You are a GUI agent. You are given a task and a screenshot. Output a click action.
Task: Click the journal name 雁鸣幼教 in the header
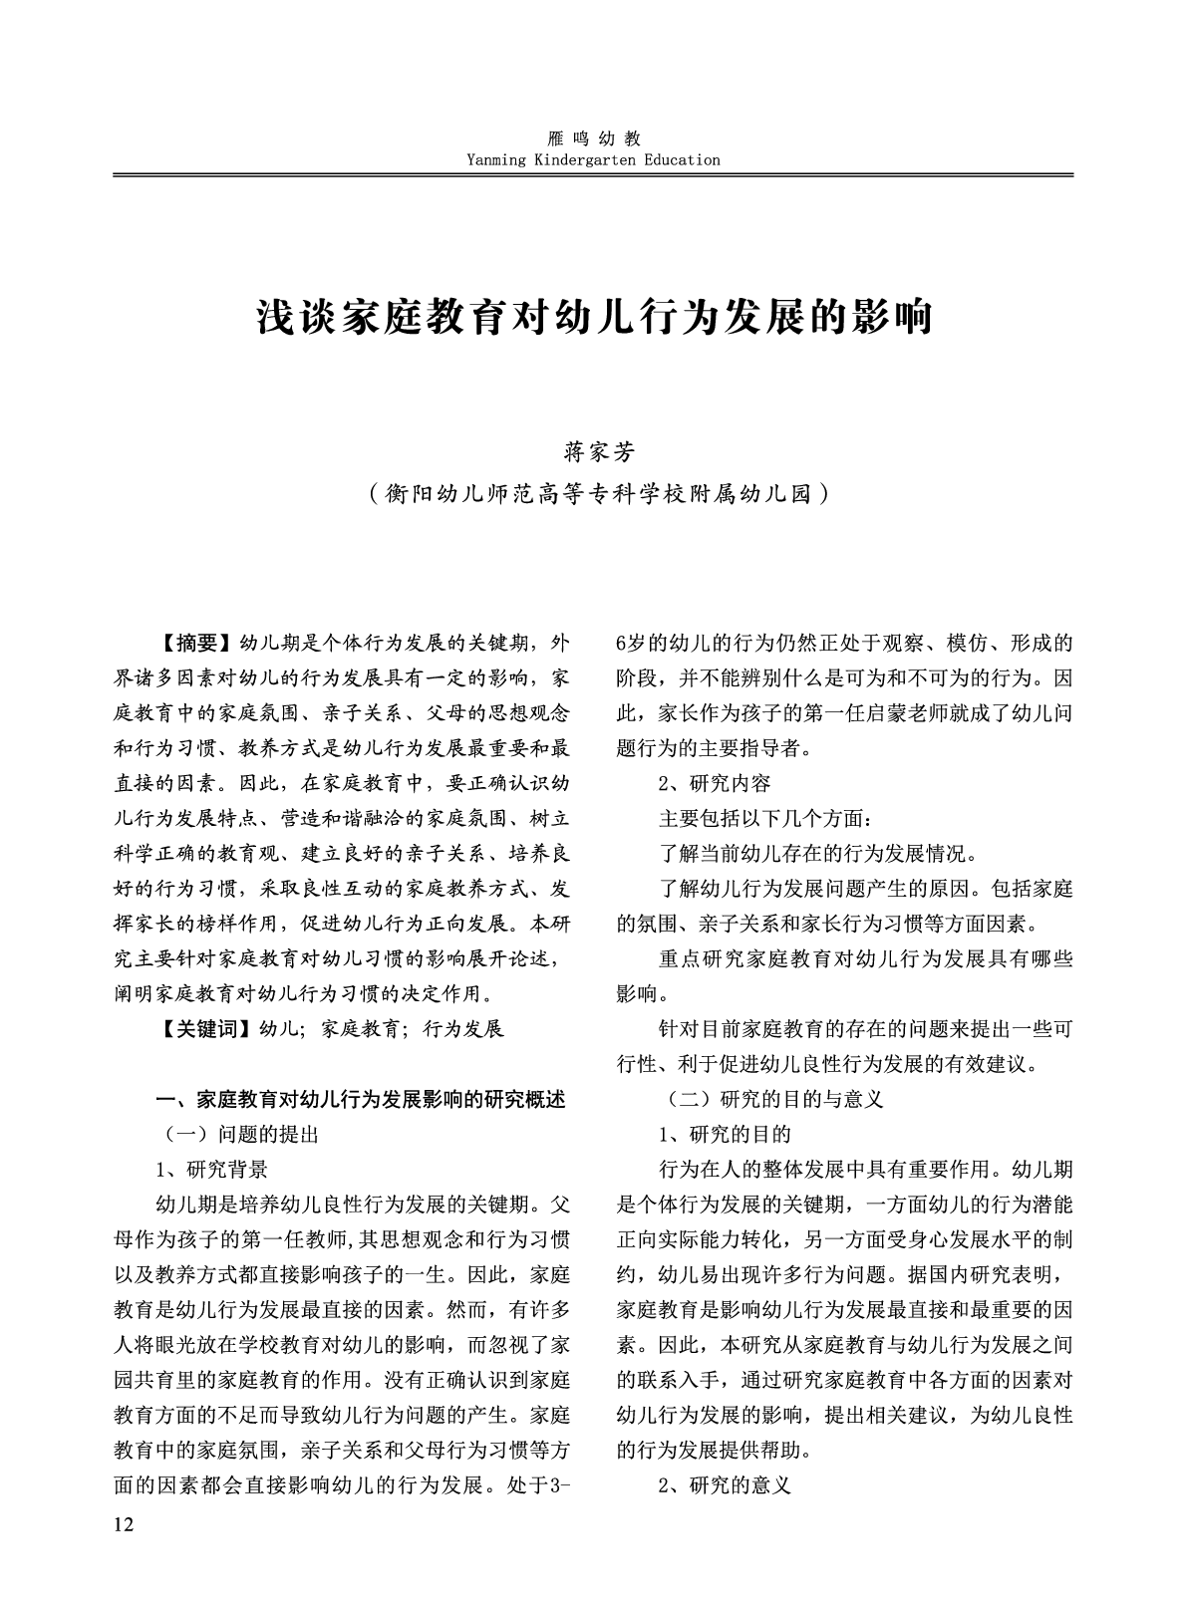594,139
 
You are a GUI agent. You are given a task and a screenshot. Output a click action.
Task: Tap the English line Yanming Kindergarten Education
593,159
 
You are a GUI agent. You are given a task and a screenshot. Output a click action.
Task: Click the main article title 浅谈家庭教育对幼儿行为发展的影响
594,317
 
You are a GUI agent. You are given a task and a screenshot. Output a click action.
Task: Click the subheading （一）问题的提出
239,1134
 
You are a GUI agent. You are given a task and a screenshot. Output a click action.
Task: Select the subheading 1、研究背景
212,1169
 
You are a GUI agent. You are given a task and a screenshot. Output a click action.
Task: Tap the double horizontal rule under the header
593,175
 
